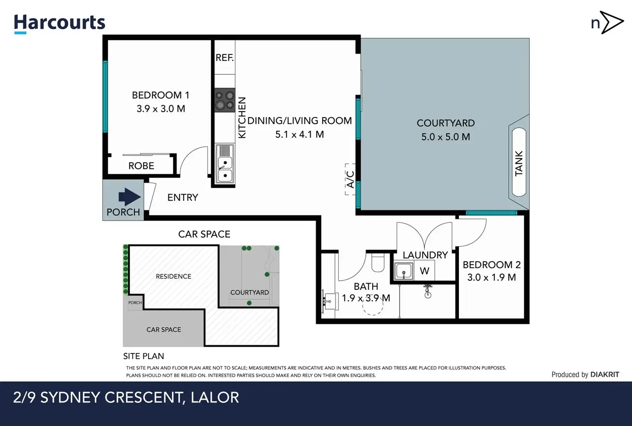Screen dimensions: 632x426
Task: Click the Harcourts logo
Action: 60,24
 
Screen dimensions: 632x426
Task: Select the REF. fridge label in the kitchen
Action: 225,58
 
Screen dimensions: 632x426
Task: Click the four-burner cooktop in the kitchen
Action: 225,100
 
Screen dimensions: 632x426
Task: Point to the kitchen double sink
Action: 225,164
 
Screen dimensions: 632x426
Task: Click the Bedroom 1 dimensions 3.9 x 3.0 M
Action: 161,109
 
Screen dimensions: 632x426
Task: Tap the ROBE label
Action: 141,166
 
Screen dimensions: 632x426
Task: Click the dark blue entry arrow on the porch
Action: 130,197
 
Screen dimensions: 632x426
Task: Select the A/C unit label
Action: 350,180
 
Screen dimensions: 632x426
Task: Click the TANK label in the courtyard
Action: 519,163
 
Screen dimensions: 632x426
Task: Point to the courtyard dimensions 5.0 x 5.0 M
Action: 446,137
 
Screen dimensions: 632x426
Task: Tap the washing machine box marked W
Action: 424,271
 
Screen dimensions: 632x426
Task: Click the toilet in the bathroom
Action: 377,262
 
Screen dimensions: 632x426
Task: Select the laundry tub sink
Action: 404,271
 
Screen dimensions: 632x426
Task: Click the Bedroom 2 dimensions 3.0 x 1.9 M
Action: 492,277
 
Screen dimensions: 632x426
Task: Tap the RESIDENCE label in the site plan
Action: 173,277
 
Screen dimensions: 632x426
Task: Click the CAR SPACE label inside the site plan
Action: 164,329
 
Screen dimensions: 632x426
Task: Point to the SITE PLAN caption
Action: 143,356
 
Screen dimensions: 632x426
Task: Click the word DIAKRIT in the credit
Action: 605,374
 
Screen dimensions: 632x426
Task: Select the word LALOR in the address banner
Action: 215,398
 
